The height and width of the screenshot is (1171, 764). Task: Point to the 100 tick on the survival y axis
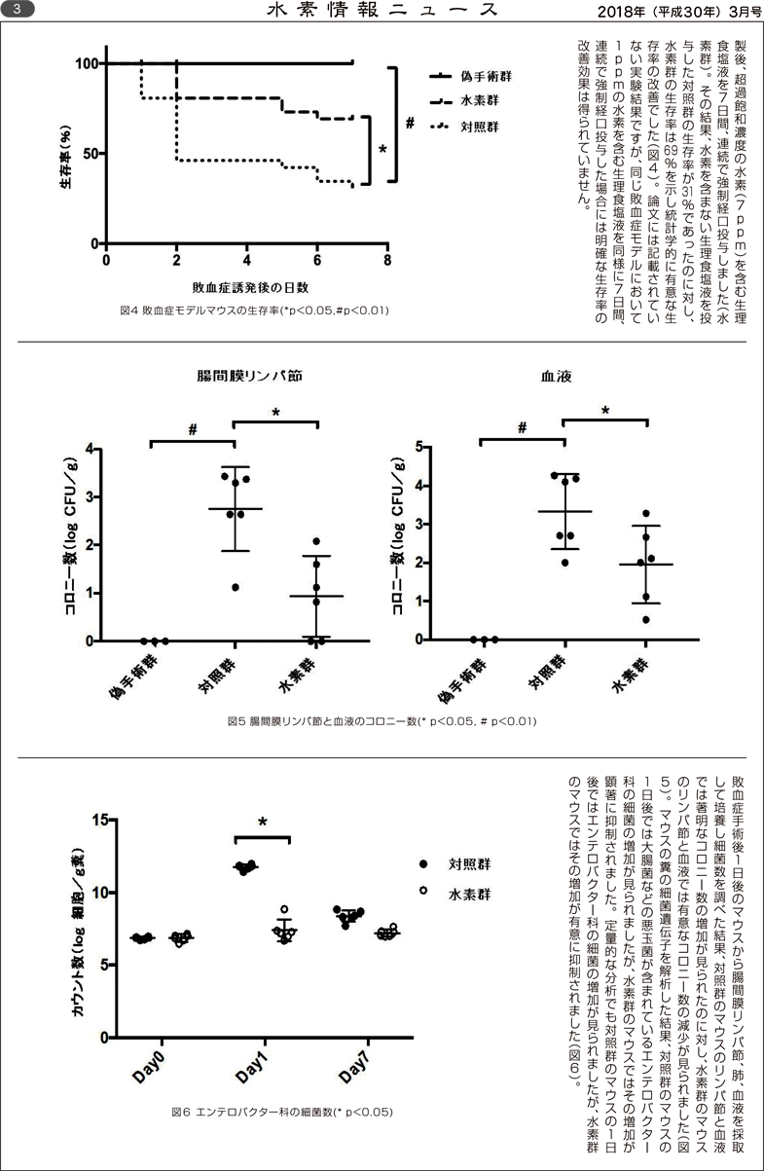tap(87, 64)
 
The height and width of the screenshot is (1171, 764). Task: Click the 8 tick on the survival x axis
tap(387, 262)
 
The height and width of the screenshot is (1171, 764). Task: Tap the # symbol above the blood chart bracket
tap(523, 427)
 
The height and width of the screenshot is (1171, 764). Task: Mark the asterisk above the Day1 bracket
tap(263, 823)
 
